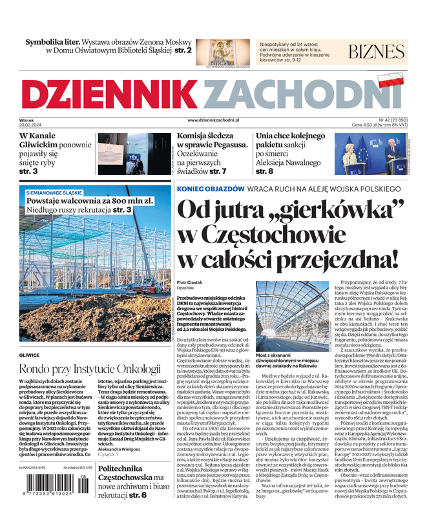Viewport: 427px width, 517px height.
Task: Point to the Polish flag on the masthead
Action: [389, 81]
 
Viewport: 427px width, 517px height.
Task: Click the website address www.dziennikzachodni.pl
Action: [213, 120]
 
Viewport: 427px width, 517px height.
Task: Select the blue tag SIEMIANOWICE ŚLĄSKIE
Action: [54, 193]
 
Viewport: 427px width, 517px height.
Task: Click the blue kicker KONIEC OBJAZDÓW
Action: [211, 189]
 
